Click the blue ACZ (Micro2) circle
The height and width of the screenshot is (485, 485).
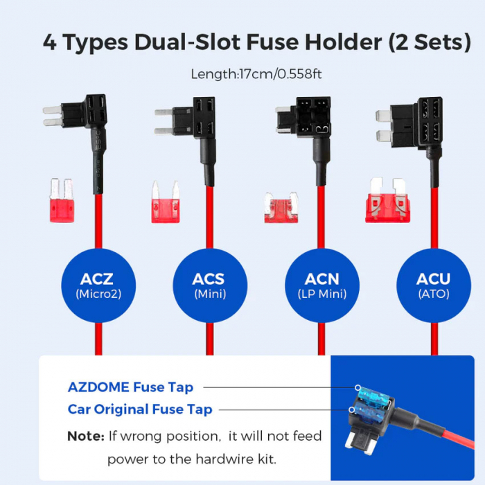(96, 286)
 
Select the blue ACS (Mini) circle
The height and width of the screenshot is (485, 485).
(209, 286)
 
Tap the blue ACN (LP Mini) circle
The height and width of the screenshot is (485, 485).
(322, 286)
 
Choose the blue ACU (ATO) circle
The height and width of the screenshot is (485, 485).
(433, 286)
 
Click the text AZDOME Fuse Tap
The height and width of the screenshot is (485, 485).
(130, 387)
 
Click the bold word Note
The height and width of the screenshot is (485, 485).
(85, 436)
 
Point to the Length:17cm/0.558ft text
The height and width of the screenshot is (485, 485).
(257, 73)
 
